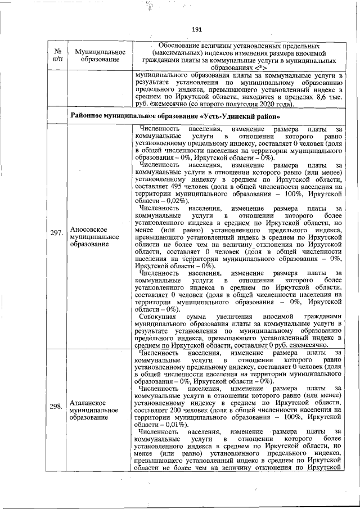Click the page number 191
click(196, 30)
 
